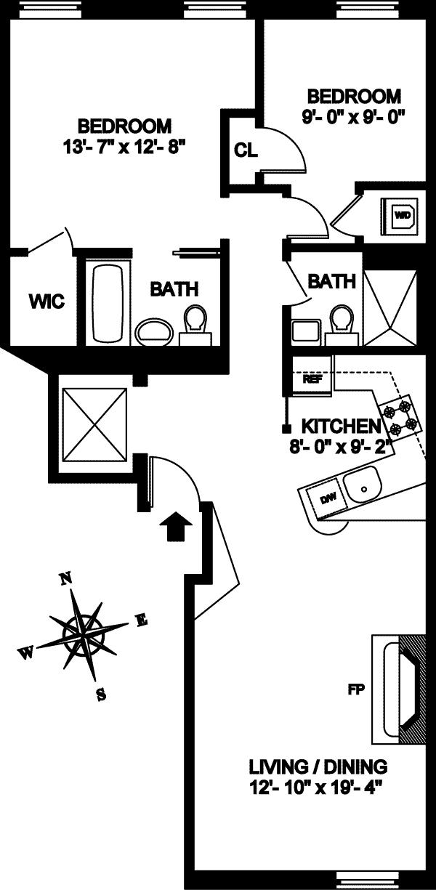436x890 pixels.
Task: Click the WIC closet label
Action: click(47, 300)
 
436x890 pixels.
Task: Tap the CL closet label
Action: click(246, 150)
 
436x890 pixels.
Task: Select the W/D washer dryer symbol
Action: click(403, 215)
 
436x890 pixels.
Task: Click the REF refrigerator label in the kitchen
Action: click(312, 379)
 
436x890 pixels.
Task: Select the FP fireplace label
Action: click(355, 689)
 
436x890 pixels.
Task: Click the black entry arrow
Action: click(175, 526)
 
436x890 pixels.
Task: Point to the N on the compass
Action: click(65, 578)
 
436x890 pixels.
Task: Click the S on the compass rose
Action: click(101, 694)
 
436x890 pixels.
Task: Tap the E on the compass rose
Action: click(142, 620)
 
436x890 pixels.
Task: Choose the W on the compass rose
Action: click(25, 653)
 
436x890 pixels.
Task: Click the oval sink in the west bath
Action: click(154, 333)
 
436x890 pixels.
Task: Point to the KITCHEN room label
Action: click(341, 426)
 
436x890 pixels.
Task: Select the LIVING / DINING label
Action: click(318, 766)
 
